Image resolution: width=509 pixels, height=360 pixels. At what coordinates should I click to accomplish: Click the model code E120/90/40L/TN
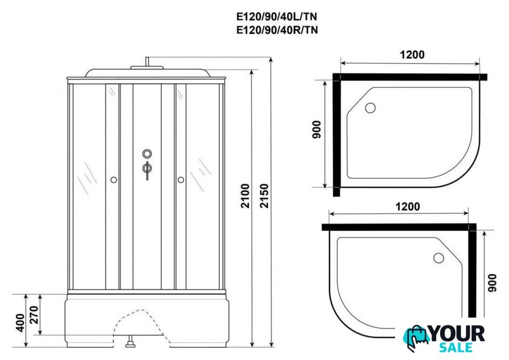tap(277, 16)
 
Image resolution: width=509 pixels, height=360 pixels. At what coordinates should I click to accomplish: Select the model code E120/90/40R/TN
tap(277, 30)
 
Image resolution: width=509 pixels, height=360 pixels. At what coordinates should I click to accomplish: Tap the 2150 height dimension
tap(265, 196)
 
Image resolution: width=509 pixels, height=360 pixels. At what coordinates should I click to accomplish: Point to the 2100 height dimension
tap(245, 196)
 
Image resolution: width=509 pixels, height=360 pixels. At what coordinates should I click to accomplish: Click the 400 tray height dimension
tap(20, 322)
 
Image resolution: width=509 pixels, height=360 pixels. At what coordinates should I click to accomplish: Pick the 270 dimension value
tap(34, 315)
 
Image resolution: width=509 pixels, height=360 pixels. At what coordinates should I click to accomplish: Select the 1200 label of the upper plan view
tap(412, 55)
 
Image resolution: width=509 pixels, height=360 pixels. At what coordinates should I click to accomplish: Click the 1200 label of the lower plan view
tap(407, 207)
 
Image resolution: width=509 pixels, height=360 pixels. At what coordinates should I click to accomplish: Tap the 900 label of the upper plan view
tap(316, 130)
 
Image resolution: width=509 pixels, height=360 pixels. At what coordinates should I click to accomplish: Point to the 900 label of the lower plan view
tap(492, 283)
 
